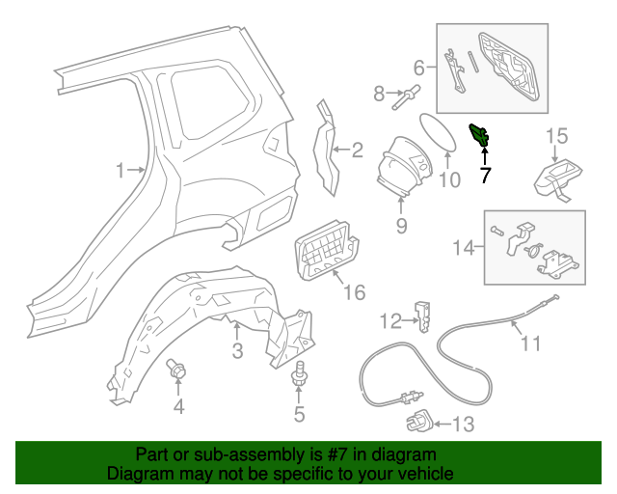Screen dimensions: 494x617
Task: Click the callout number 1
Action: tap(121, 171)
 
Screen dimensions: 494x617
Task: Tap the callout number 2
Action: tap(357, 150)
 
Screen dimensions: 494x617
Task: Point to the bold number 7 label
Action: tap(485, 175)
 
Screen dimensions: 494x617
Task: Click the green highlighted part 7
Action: tap(479, 136)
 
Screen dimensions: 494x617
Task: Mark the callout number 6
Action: tap(419, 68)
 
